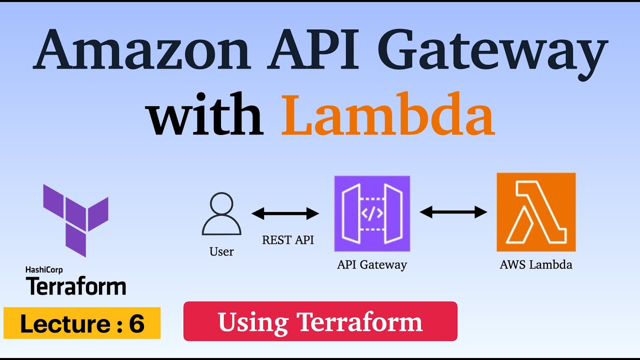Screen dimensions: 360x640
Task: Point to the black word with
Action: [205, 115]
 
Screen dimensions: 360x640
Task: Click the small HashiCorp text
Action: [45, 269]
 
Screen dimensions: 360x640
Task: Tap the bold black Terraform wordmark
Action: [75, 286]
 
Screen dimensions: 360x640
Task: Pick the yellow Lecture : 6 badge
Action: [82, 323]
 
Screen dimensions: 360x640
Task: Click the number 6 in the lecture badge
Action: [136, 324]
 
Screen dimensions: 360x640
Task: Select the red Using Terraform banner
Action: [320, 321]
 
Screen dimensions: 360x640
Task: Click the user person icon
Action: [221, 214]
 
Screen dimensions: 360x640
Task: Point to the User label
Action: [221, 251]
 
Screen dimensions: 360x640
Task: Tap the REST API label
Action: [288, 240]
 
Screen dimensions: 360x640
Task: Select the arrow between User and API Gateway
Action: [285, 214]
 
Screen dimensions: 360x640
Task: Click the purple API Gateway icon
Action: [372, 213]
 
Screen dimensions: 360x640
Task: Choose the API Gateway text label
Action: [372, 264]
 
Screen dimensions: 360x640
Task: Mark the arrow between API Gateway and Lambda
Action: [453, 212]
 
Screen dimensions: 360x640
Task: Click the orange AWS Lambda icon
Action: [536, 212]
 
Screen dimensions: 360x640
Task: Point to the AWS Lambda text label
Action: [536, 264]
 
